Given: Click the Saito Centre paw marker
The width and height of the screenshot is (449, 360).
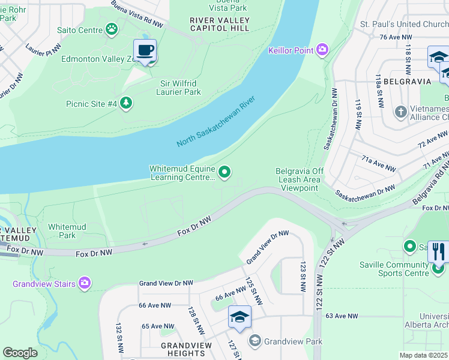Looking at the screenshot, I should point(112,29).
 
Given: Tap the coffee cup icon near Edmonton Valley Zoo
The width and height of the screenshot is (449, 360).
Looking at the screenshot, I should point(145,50).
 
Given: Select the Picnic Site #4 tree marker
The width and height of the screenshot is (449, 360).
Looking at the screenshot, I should point(126,103).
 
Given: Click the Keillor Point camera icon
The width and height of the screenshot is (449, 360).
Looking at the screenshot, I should point(323,50).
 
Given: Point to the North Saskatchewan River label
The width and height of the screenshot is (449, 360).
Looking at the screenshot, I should point(217,121).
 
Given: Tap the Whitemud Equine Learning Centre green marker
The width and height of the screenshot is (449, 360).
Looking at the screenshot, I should point(224,173).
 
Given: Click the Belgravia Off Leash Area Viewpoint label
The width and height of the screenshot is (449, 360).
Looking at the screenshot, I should point(300,179).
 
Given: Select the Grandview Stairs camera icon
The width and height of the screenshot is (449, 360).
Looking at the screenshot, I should point(84,283).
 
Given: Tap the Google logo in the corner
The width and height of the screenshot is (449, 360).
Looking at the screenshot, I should point(20,352).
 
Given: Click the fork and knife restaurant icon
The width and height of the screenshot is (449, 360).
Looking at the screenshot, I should point(439,251).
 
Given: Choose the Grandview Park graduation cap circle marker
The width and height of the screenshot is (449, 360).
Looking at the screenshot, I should point(255,341).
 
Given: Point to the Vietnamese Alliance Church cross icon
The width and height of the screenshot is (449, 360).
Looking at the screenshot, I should point(401,112).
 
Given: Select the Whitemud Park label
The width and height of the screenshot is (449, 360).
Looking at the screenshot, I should point(67,231).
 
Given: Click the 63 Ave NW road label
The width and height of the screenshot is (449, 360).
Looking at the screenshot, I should point(342,316).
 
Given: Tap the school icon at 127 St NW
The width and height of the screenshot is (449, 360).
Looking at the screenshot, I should point(240,317).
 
